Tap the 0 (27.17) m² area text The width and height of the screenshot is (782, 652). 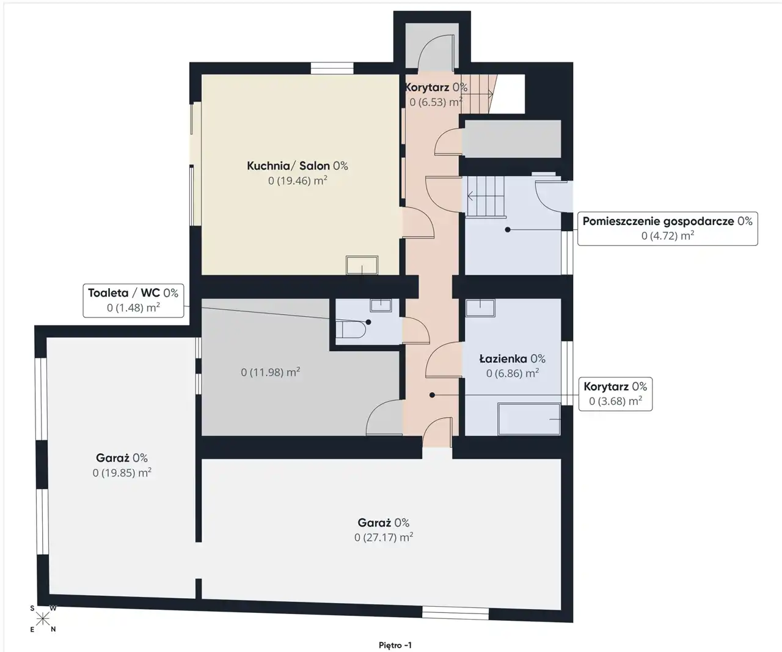(384, 537)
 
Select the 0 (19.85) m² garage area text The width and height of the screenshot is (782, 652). (122, 472)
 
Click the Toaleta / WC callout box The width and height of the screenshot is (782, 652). (133, 301)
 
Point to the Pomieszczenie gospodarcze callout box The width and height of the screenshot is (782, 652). (667, 229)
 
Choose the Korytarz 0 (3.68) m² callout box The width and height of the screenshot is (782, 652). (615, 394)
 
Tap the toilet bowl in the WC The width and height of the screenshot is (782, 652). (351, 330)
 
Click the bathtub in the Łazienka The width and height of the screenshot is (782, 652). (529, 419)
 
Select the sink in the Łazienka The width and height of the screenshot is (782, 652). (480, 308)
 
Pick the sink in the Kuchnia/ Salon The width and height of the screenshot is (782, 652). (362, 265)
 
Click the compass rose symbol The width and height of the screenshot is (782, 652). (43, 618)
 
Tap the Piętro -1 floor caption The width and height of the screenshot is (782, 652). (395, 645)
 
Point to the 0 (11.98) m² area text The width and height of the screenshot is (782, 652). (271, 372)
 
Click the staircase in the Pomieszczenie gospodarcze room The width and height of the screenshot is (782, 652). (485, 196)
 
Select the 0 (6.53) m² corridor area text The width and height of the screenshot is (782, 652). (436, 102)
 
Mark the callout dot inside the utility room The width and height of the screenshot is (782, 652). (508, 229)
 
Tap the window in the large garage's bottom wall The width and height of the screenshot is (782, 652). (455, 613)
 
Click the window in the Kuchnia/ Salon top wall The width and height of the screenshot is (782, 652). (332, 69)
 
